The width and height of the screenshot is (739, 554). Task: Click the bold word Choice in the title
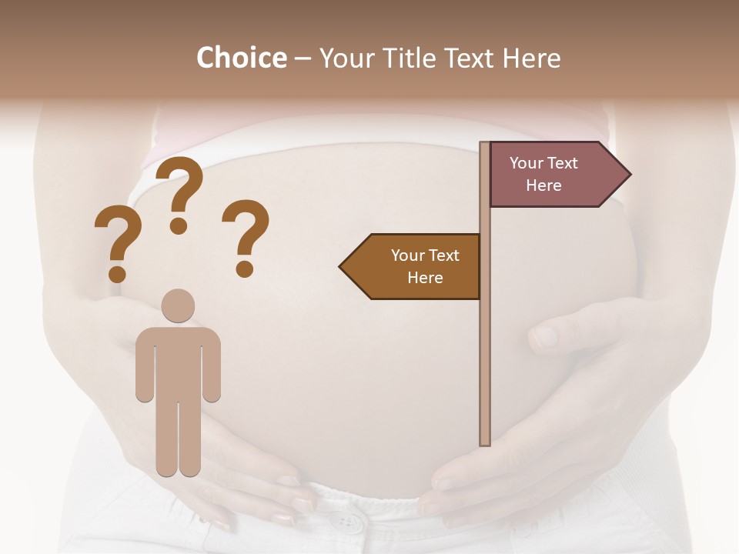click(x=241, y=58)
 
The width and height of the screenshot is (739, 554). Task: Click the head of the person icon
click(x=178, y=305)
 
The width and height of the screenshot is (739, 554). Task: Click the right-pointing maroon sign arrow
click(x=554, y=175)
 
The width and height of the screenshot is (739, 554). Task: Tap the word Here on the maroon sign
click(x=543, y=185)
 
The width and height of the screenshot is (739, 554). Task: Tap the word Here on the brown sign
click(x=425, y=278)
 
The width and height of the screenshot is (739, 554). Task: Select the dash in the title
click(x=303, y=58)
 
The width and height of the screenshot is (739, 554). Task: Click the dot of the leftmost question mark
click(x=117, y=274)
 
